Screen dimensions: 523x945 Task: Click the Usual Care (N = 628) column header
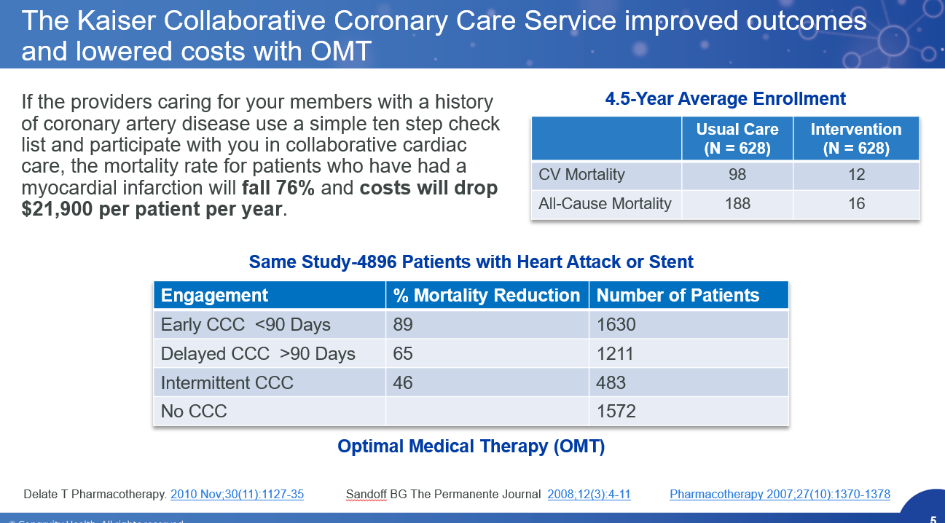point(737,139)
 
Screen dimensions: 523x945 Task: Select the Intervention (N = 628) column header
point(856,139)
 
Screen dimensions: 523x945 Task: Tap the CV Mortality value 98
point(737,175)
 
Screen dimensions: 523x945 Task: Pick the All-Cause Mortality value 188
point(737,204)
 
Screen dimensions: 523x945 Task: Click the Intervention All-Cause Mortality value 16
point(856,204)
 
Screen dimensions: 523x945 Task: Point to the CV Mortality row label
point(581,175)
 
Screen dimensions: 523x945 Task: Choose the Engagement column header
point(214,295)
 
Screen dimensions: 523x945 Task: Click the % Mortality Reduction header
point(486,295)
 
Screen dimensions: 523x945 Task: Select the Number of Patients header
point(678,295)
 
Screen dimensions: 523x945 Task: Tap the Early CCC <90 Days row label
point(246,325)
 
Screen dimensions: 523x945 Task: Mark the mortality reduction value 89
point(403,325)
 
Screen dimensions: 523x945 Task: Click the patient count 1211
point(616,354)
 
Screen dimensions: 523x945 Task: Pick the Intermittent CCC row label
point(227,383)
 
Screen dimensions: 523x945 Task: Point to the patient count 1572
point(616,412)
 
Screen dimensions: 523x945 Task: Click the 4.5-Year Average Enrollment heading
point(725,99)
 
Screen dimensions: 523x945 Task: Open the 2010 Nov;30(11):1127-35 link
point(237,495)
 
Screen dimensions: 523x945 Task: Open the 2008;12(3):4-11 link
point(589,495)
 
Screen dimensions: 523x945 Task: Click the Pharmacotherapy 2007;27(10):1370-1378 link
point(780,495)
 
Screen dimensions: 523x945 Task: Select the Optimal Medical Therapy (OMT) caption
point(471,447)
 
